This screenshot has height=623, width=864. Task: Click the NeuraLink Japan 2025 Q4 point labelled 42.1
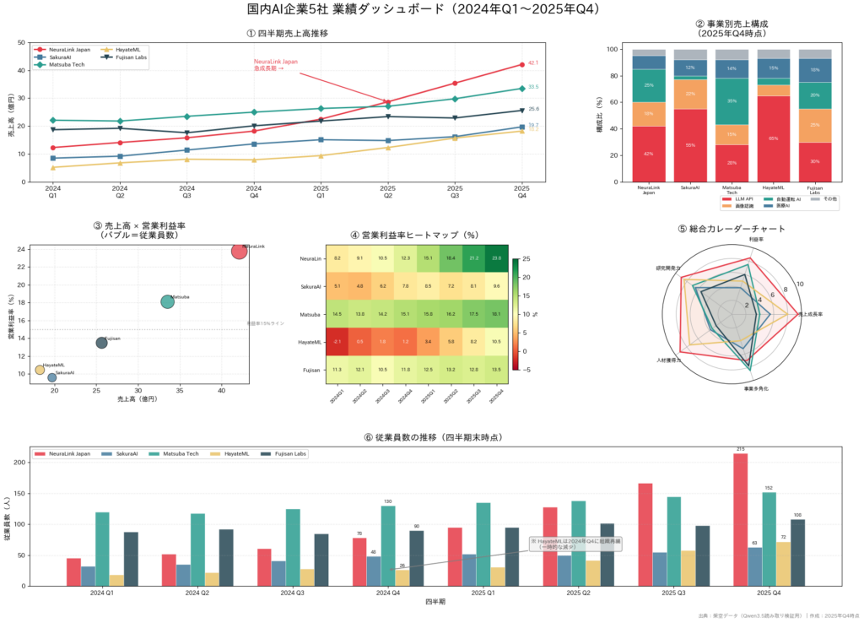(x=522, y=64)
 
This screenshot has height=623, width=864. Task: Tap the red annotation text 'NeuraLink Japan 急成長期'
(x=275, y=64)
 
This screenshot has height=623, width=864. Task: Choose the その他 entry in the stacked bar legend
(x=823, y=198)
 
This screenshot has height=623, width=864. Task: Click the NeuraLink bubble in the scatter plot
(x=240, y=251)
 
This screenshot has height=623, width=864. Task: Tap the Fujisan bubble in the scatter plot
(x=101, y=343)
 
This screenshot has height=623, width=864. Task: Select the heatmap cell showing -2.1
(x=337, y=342)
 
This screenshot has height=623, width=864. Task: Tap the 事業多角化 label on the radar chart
(x=756, y=389)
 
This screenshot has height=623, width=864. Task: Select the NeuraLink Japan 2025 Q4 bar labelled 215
(x=741, y=519)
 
